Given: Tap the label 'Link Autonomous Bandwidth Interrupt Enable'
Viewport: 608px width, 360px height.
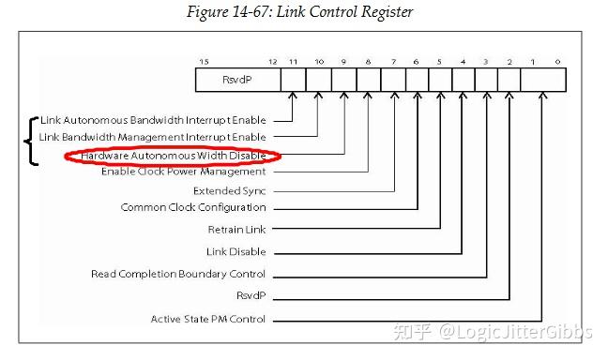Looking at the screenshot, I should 154,120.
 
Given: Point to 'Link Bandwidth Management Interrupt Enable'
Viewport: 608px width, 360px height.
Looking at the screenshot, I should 153,137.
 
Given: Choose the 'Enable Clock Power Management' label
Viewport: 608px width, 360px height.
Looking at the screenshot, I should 184,172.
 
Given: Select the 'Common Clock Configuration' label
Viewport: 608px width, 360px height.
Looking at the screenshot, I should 193,207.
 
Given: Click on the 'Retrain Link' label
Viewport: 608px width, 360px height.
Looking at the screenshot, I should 236,230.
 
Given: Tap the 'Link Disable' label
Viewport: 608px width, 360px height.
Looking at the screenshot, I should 236,251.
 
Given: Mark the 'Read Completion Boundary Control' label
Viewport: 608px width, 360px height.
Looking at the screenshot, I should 178,274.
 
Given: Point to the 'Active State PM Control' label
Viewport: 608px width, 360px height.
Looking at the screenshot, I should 208,319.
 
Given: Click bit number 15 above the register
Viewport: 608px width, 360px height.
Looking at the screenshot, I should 203,62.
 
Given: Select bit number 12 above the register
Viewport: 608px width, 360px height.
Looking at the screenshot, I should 273,62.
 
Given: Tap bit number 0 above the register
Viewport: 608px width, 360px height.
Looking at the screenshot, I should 558,62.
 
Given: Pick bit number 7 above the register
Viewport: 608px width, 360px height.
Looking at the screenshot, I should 394,62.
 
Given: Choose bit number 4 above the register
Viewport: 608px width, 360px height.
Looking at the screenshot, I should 463,62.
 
